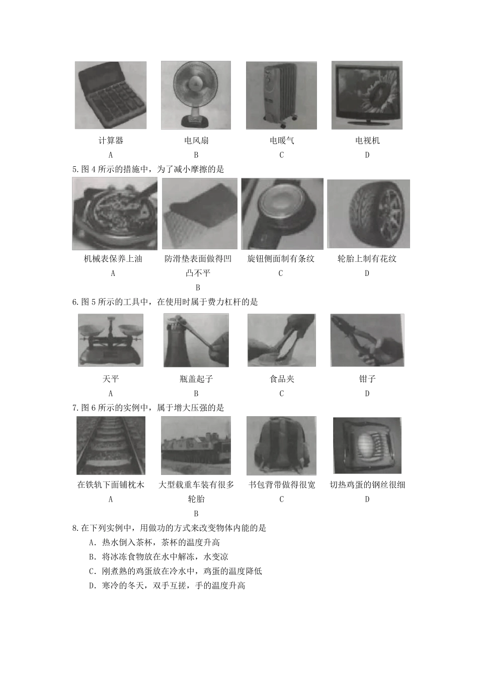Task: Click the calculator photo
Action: pyautogui.click(x=111, y=95)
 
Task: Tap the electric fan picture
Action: pyautogui.click(x=196, y=95)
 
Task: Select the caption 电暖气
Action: pyautogui.click(x=281, y=141)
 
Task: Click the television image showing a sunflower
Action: pyautogui.click(x=367, y=95)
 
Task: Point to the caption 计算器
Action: pyautogui.click(x=111, y=141)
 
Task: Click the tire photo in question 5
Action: pyautogui.click(x=368, y=214)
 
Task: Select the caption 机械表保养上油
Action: pyautogui.click(x=113, y=259)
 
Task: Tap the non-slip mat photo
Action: pyautogui.click(x=199, y=214)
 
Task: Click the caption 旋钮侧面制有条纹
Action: pyautogui.click(x=281, y=259)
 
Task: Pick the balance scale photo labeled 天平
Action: pyautogui.click(x=111, y=340)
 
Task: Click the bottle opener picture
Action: pyautogui.click(x=196, y=340)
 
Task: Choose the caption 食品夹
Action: pyautogui.click(x=281, y=379)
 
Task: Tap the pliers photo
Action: pyautogui.click(x=367, y=340)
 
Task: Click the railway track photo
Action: pyautogui.click(x=111, y=445)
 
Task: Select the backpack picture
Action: pyautogui.click(x=281, y=445)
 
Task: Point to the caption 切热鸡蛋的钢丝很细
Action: pyautogui.click(x=367, y=485)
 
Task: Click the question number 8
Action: pyautogui.click(x=75, y=528)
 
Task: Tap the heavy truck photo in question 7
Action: pyautogui.click(x=196, y=445)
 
